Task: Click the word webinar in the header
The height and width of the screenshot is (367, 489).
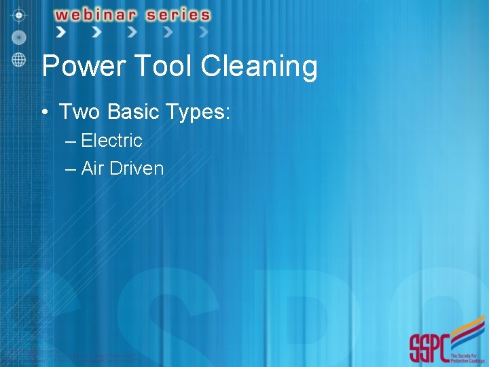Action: pos(102,14)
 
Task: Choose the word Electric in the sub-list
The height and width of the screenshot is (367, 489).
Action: pos(111,141)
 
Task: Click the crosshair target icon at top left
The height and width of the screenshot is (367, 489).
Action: pos(19,14)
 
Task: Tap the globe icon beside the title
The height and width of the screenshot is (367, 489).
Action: pos(19,59)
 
